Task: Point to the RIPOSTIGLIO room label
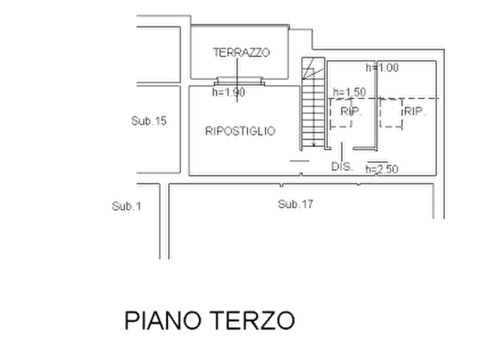[240, 131]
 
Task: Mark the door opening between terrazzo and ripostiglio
[238, 82]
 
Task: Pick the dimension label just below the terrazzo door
[227, 95]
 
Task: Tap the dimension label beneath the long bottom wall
[293, 205]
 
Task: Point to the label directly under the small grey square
[343, 167]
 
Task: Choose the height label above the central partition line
[382, 69]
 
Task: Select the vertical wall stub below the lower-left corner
[160, 223]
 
